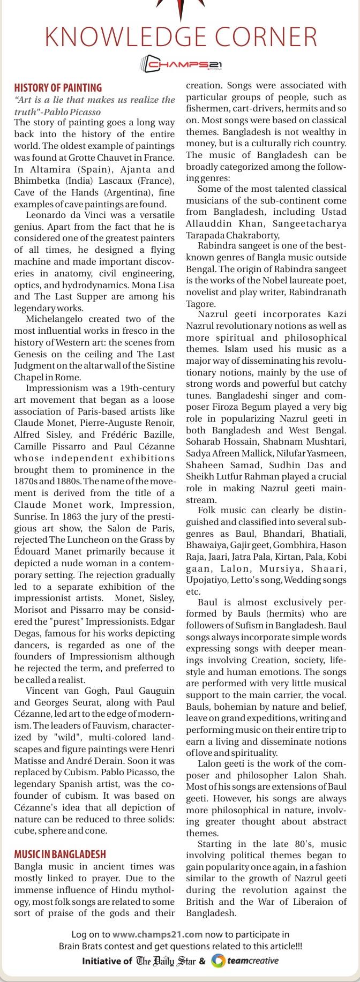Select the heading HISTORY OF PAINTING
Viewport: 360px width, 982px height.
point(58,88)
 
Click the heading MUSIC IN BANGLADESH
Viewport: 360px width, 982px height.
point(60,854)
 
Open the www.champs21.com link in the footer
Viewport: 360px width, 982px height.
point(157,935)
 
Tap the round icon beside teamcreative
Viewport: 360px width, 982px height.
point(217,961)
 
